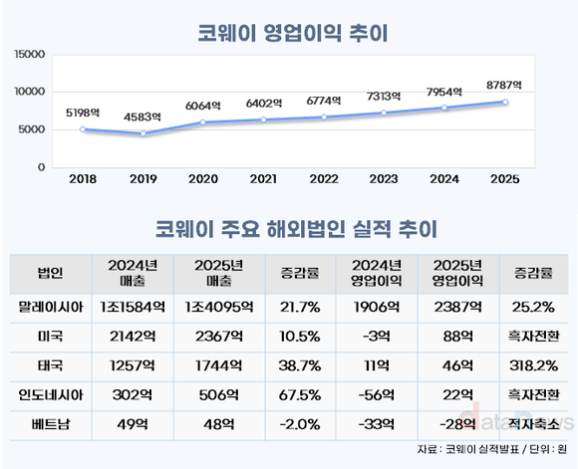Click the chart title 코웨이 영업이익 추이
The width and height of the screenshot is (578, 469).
click(x=289, y=32)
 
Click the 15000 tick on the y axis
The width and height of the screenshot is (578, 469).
click(x=29, y=54)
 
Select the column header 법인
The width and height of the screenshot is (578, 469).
click(x=50, y=272)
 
